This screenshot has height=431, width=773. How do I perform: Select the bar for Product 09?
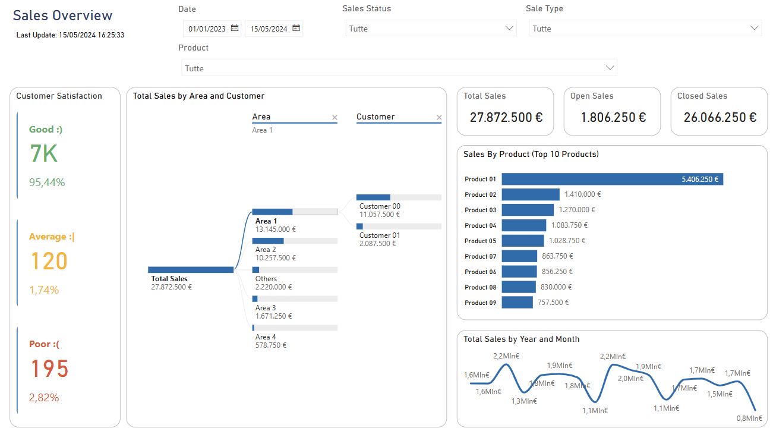pos(517,303)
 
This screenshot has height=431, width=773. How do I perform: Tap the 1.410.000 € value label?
pos(582,194)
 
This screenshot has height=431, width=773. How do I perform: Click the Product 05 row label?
pos(480,241)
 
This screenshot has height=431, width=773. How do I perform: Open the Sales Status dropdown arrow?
pos(509,28)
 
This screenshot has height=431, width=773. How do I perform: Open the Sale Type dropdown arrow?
pos(755,28)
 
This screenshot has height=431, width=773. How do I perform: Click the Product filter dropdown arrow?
pos(610,68)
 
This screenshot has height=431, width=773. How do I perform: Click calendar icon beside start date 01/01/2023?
pos(235,28)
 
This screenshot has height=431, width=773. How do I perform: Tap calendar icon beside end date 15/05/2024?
pos(296,28)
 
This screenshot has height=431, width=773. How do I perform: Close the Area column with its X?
pos(335,118)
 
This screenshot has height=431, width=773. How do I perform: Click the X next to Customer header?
pos(439,118)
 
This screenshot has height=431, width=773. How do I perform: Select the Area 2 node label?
pos(266,250)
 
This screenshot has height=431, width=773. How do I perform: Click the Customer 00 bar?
pos(373,197)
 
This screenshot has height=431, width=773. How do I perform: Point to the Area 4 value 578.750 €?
pos(270,345)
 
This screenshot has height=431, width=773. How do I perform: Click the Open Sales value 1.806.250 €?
pos(613,117)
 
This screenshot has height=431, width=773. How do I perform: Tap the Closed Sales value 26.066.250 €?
pos(720,117)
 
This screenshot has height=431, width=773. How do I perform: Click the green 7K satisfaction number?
pos(44,154)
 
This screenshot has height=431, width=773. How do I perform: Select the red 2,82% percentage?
pos(44,398)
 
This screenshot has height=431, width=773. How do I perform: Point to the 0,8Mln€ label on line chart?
pos(749,418)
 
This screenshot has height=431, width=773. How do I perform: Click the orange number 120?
pos(49,262)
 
